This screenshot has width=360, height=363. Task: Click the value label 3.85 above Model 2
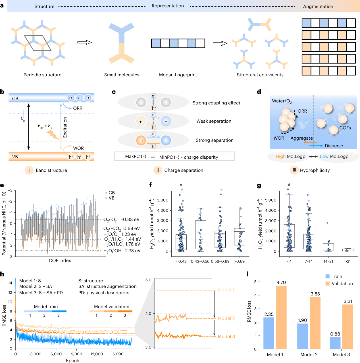pyautogui.click(x=315, y=294)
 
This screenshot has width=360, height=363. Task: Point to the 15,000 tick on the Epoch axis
pyautogui.click(x=117, y=354)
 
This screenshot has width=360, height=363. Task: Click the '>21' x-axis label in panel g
pyautogui.click(x=348, y=261)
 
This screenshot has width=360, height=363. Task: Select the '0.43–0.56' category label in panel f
pyautogui.click(x=200, y=261)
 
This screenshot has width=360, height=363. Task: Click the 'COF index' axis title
pyautogui.click(x=60, y=261)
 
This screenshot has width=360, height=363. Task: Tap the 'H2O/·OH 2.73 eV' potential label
pyautogui.click(x=122, y=251)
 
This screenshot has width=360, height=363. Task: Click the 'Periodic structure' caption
pyautogui.click(x=42, y=75)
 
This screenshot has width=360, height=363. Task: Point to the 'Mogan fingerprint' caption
pyautogui.click(x=178, y=75)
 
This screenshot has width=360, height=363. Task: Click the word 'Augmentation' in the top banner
pyautogui.click(x=318, y=7)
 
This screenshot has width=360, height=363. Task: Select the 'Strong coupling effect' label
pyautogui.click(x=216, y=103)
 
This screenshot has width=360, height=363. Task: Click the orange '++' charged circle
pyautogui.click(x=141, y=141)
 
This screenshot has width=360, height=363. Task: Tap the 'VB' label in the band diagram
pyautogui.click(x=15, y=157)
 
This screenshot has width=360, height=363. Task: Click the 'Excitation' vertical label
pyautogui.click(x=65, y=127)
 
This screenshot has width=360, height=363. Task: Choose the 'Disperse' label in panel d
pyautogui.click(x=334, y=146)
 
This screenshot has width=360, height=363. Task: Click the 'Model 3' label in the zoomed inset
pyautogui.click(x=226, y=337)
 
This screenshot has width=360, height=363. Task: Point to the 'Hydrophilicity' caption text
pyautogui.click(x=315, y=170)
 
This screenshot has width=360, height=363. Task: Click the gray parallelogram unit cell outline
pyautogui.click(x=38, y=43)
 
